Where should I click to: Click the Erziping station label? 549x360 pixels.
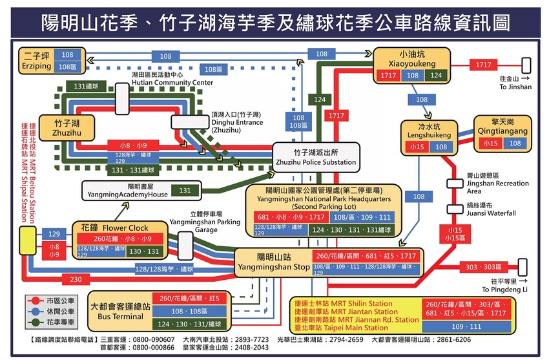(x=36, y=61)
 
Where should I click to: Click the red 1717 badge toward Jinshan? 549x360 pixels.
(x=483, y=65)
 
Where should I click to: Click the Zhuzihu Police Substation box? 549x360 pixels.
(x=315, y=157)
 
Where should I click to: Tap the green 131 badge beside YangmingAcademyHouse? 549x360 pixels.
(x=185, y=191)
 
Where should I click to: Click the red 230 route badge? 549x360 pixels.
(x=76, y=279)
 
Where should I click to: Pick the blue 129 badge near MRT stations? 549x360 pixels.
(x=54, y=233)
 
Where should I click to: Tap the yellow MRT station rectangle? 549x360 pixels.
(x=27, y=240)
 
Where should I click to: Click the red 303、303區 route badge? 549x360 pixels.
(x=484, y=267)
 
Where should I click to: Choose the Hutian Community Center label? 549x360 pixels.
(x=172, y=79)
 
